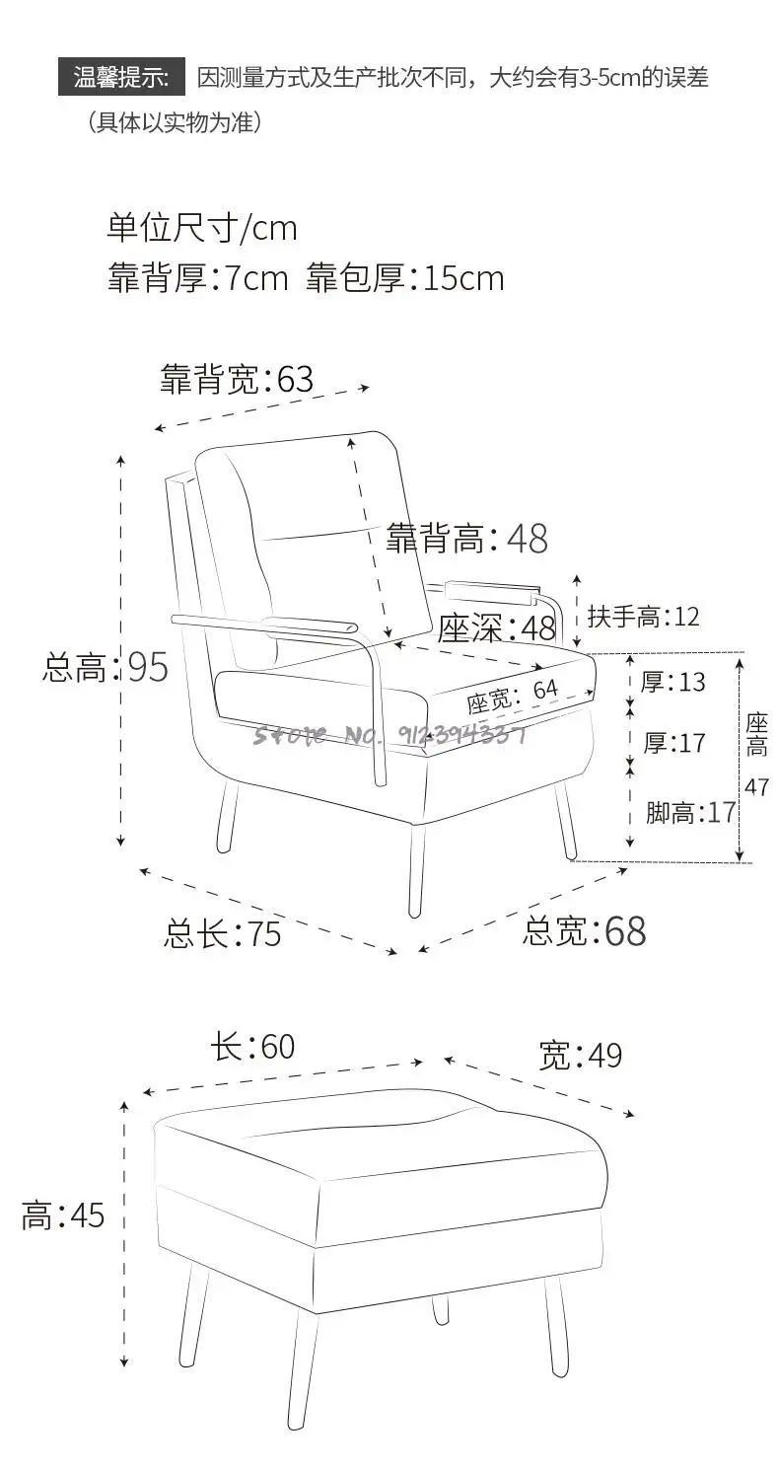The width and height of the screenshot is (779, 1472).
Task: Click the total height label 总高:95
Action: click(x=106, y=668)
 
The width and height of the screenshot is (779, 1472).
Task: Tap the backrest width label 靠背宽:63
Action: click(x=237, y=379)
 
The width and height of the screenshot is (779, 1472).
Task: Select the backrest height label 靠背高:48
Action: click(x=465, y=538)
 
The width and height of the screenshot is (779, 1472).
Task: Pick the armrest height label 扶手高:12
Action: click(x=643, y=617)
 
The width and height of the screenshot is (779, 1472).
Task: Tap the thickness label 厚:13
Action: click(x=673, y=682)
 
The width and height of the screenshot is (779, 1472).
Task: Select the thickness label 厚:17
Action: click(x=674, y=743)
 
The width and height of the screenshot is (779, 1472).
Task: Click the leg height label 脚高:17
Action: click(x=691, y=813)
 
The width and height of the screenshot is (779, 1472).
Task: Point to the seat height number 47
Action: click(x=755, y=786)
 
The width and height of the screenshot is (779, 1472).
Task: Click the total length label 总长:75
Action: click(x=222, y=933)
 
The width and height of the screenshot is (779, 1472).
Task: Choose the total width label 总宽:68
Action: click(x=584, y=930)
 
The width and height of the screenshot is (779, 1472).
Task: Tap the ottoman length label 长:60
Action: click(x=251, y=1047)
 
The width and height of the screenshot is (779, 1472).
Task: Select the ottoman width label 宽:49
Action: click(x=580, y=1055)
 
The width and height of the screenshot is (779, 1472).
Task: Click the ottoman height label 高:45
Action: click(x=63, y=1215)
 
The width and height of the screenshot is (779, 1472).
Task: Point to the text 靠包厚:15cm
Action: click(x=404, y=278)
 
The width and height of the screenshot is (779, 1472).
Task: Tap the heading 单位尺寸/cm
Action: click(x=201, y=228)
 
